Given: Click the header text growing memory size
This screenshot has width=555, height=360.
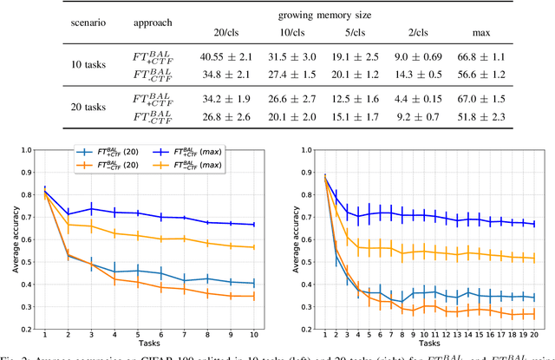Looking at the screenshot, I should tap(355, 14).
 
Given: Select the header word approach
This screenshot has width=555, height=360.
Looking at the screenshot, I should tap(155, 23).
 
